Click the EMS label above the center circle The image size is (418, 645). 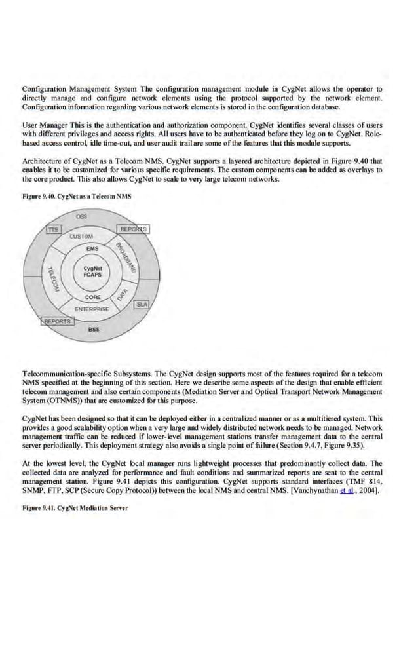coord(92,249)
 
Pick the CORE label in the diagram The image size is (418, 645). coord(92,298)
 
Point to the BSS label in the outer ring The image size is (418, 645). coord(94,330)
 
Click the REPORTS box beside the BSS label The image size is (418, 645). coord(58,321)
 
